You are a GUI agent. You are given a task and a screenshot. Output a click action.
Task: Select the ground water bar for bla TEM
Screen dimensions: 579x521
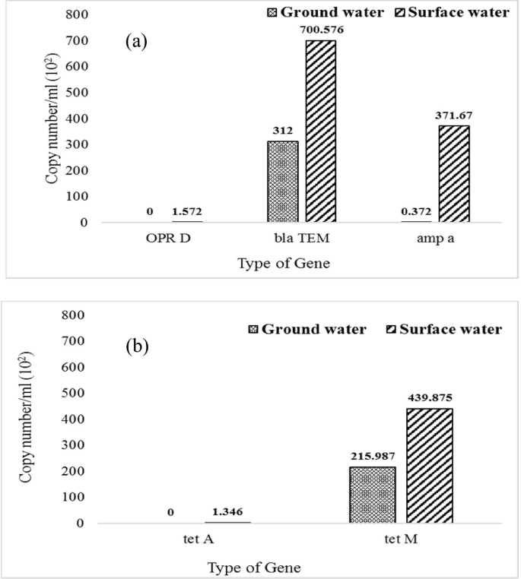coord(283,182)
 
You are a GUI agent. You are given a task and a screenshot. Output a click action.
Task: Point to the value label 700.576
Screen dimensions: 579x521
coord(321,28)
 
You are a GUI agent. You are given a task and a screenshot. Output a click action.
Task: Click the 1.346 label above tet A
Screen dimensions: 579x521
coord(227,511)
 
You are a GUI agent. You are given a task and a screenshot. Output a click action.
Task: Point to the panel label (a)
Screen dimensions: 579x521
coord(136,42)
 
